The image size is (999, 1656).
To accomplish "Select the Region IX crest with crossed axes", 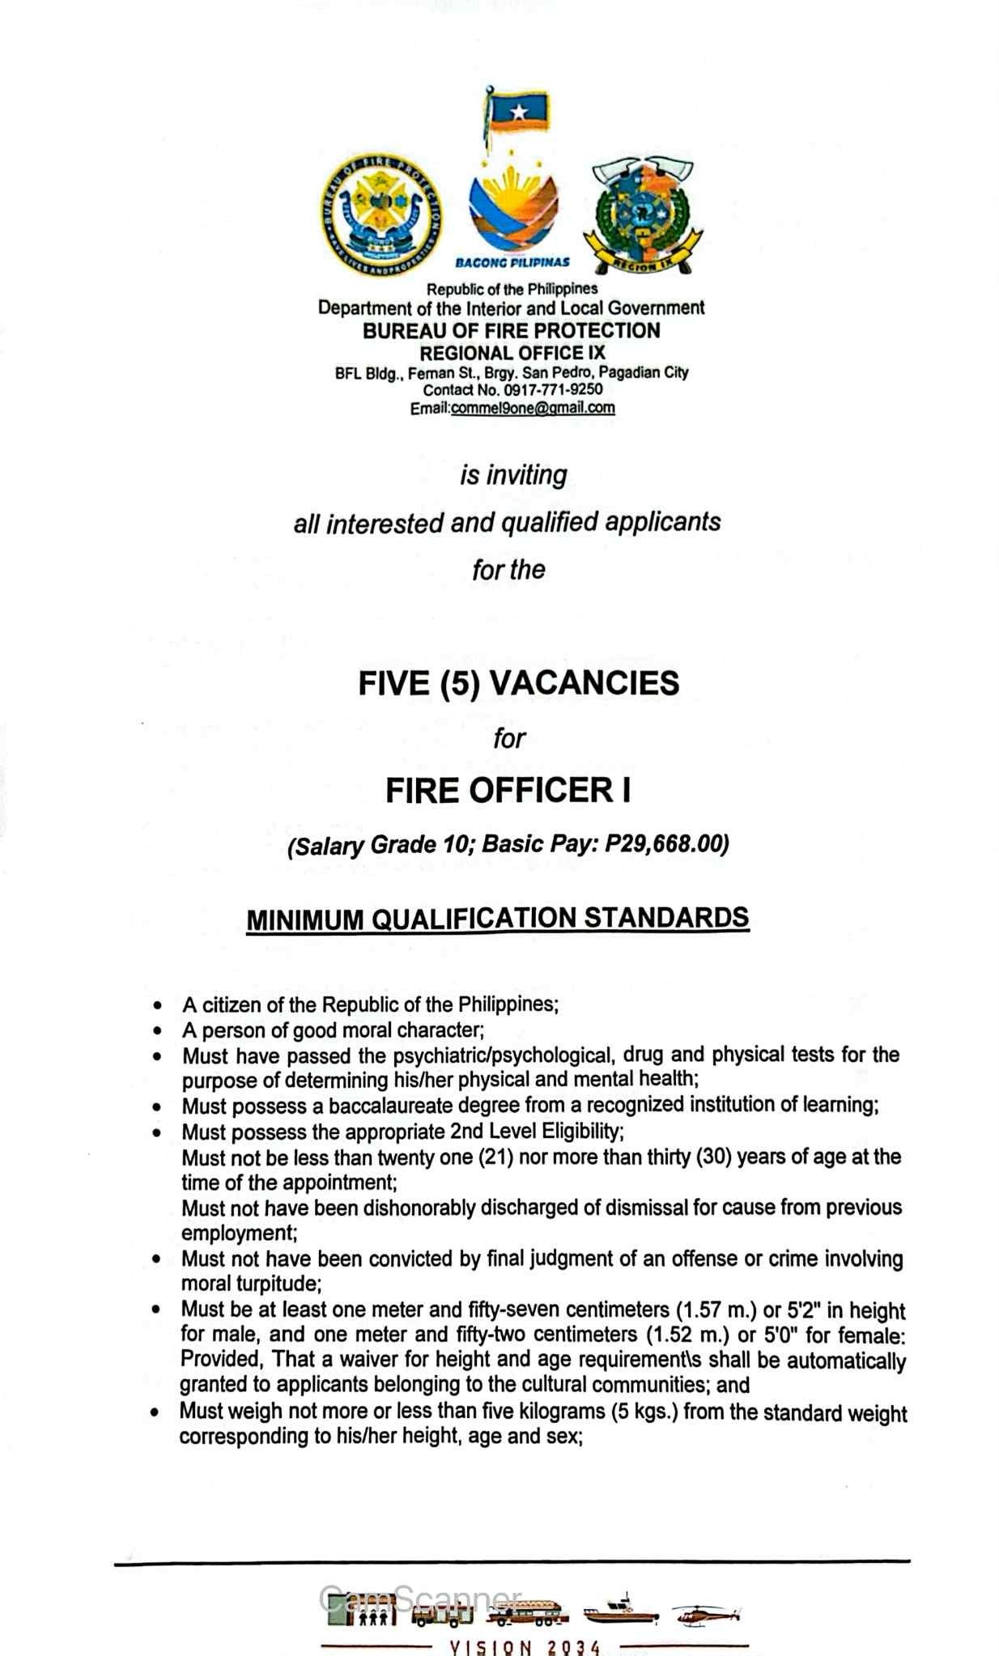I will click(x=643, y=215).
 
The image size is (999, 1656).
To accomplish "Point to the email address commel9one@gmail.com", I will click(x=533, y=408).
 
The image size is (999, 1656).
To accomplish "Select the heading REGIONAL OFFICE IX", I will click(x=512, y=353).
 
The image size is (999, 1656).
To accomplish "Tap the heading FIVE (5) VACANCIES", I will click(x=518, y=683).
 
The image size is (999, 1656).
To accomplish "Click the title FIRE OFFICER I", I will click(x=508, y=791).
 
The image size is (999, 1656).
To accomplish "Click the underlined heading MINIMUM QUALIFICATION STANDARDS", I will click(x=497, y=919).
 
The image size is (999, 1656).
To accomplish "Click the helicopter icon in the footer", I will click(x=705, y=1616).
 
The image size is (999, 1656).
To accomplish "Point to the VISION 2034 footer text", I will click(x=525, y=1646).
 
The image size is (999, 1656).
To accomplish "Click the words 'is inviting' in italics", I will click(x=513, y=475).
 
